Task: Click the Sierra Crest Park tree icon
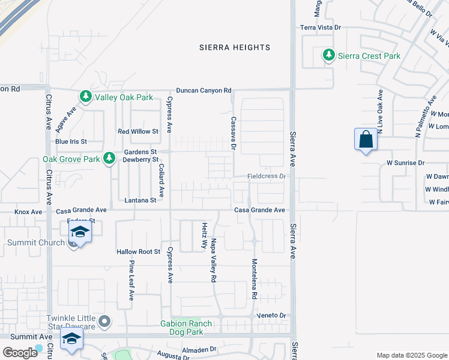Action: [x=328, y=56]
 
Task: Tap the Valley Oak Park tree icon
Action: [x=85, y=97]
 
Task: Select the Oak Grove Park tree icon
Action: [x=109, y=159]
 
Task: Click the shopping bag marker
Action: [x=366, y=140]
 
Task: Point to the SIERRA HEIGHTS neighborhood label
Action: [x=235, y=47]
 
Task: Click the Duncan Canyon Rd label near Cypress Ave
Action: [x=203, y=90]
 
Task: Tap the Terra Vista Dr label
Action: [x=321, y=28]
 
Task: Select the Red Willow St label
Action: [x=137, y=131]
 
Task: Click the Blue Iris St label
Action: [x=71, y=142]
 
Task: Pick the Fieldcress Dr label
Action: [x=268, y=176]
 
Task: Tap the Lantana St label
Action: [x=140, y=200]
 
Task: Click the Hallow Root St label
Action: [x=139, y=252]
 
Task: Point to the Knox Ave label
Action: [x=28, y=212]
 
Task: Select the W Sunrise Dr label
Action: [x=405, y=163]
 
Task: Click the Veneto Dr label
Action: [x=273, y=315]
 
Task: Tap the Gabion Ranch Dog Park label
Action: [x=186, y=328]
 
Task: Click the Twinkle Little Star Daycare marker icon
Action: [x=105, y=322]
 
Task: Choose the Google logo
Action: [x=20, y=352]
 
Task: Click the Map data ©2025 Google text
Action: [x=412, y=355]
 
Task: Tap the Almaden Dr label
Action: [x=199, y=349]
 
